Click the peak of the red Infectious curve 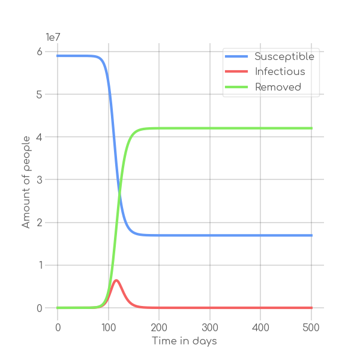116,280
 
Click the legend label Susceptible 284,56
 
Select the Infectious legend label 280,71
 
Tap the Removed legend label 278,87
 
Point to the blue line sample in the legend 237,56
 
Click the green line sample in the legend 237,87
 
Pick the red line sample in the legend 237,72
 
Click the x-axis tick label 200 159,328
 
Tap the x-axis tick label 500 311,328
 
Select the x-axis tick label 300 210,328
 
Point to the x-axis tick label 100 109,328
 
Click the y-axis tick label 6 40,52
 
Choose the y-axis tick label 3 40,180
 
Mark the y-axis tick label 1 40,265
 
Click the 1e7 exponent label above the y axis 53,37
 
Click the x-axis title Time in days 184,341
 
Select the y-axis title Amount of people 26,180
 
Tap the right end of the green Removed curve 311,128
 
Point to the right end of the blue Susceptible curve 311,235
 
